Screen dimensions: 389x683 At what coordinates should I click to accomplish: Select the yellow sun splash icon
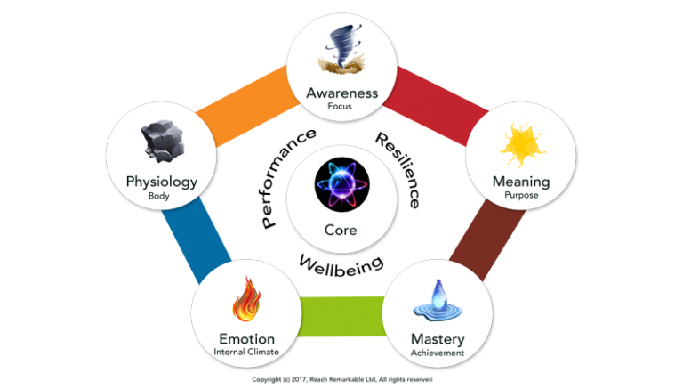521,144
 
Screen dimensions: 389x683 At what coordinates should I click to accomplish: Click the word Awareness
341,93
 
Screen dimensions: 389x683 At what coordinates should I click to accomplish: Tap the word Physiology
161,182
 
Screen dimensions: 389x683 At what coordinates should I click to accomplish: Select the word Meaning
520,182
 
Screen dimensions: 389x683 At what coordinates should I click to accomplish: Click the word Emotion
246,338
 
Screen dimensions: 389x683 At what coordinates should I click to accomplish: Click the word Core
341,230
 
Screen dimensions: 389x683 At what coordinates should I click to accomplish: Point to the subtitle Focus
341,106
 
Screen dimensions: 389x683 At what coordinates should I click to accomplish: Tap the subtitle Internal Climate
246,352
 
